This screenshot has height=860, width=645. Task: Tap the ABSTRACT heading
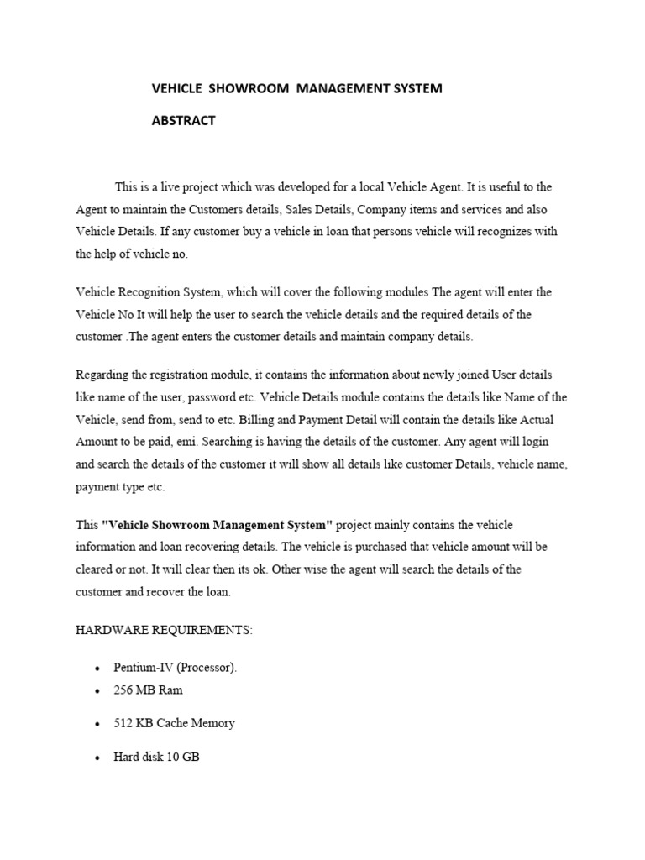point(183,120)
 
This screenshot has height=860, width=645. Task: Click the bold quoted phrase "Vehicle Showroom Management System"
point(217,525)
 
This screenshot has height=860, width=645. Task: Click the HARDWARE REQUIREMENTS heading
point(164,630)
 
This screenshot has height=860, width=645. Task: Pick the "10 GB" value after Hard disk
point(183,757)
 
